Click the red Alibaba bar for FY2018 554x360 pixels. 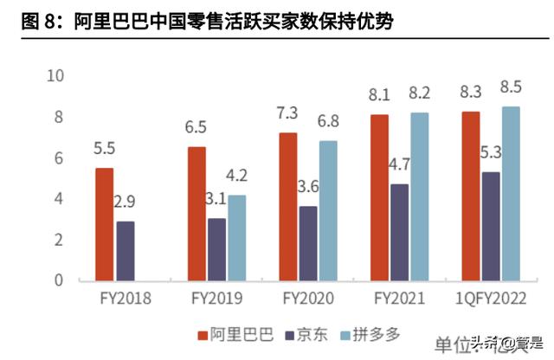coord(104,224)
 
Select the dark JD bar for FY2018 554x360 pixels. coord(126,251)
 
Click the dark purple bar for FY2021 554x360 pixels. coord(401,232)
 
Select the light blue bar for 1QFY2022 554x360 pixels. coord(511,193)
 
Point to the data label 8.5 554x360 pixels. coord(511,87)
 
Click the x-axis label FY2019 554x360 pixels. coord(217,299)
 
